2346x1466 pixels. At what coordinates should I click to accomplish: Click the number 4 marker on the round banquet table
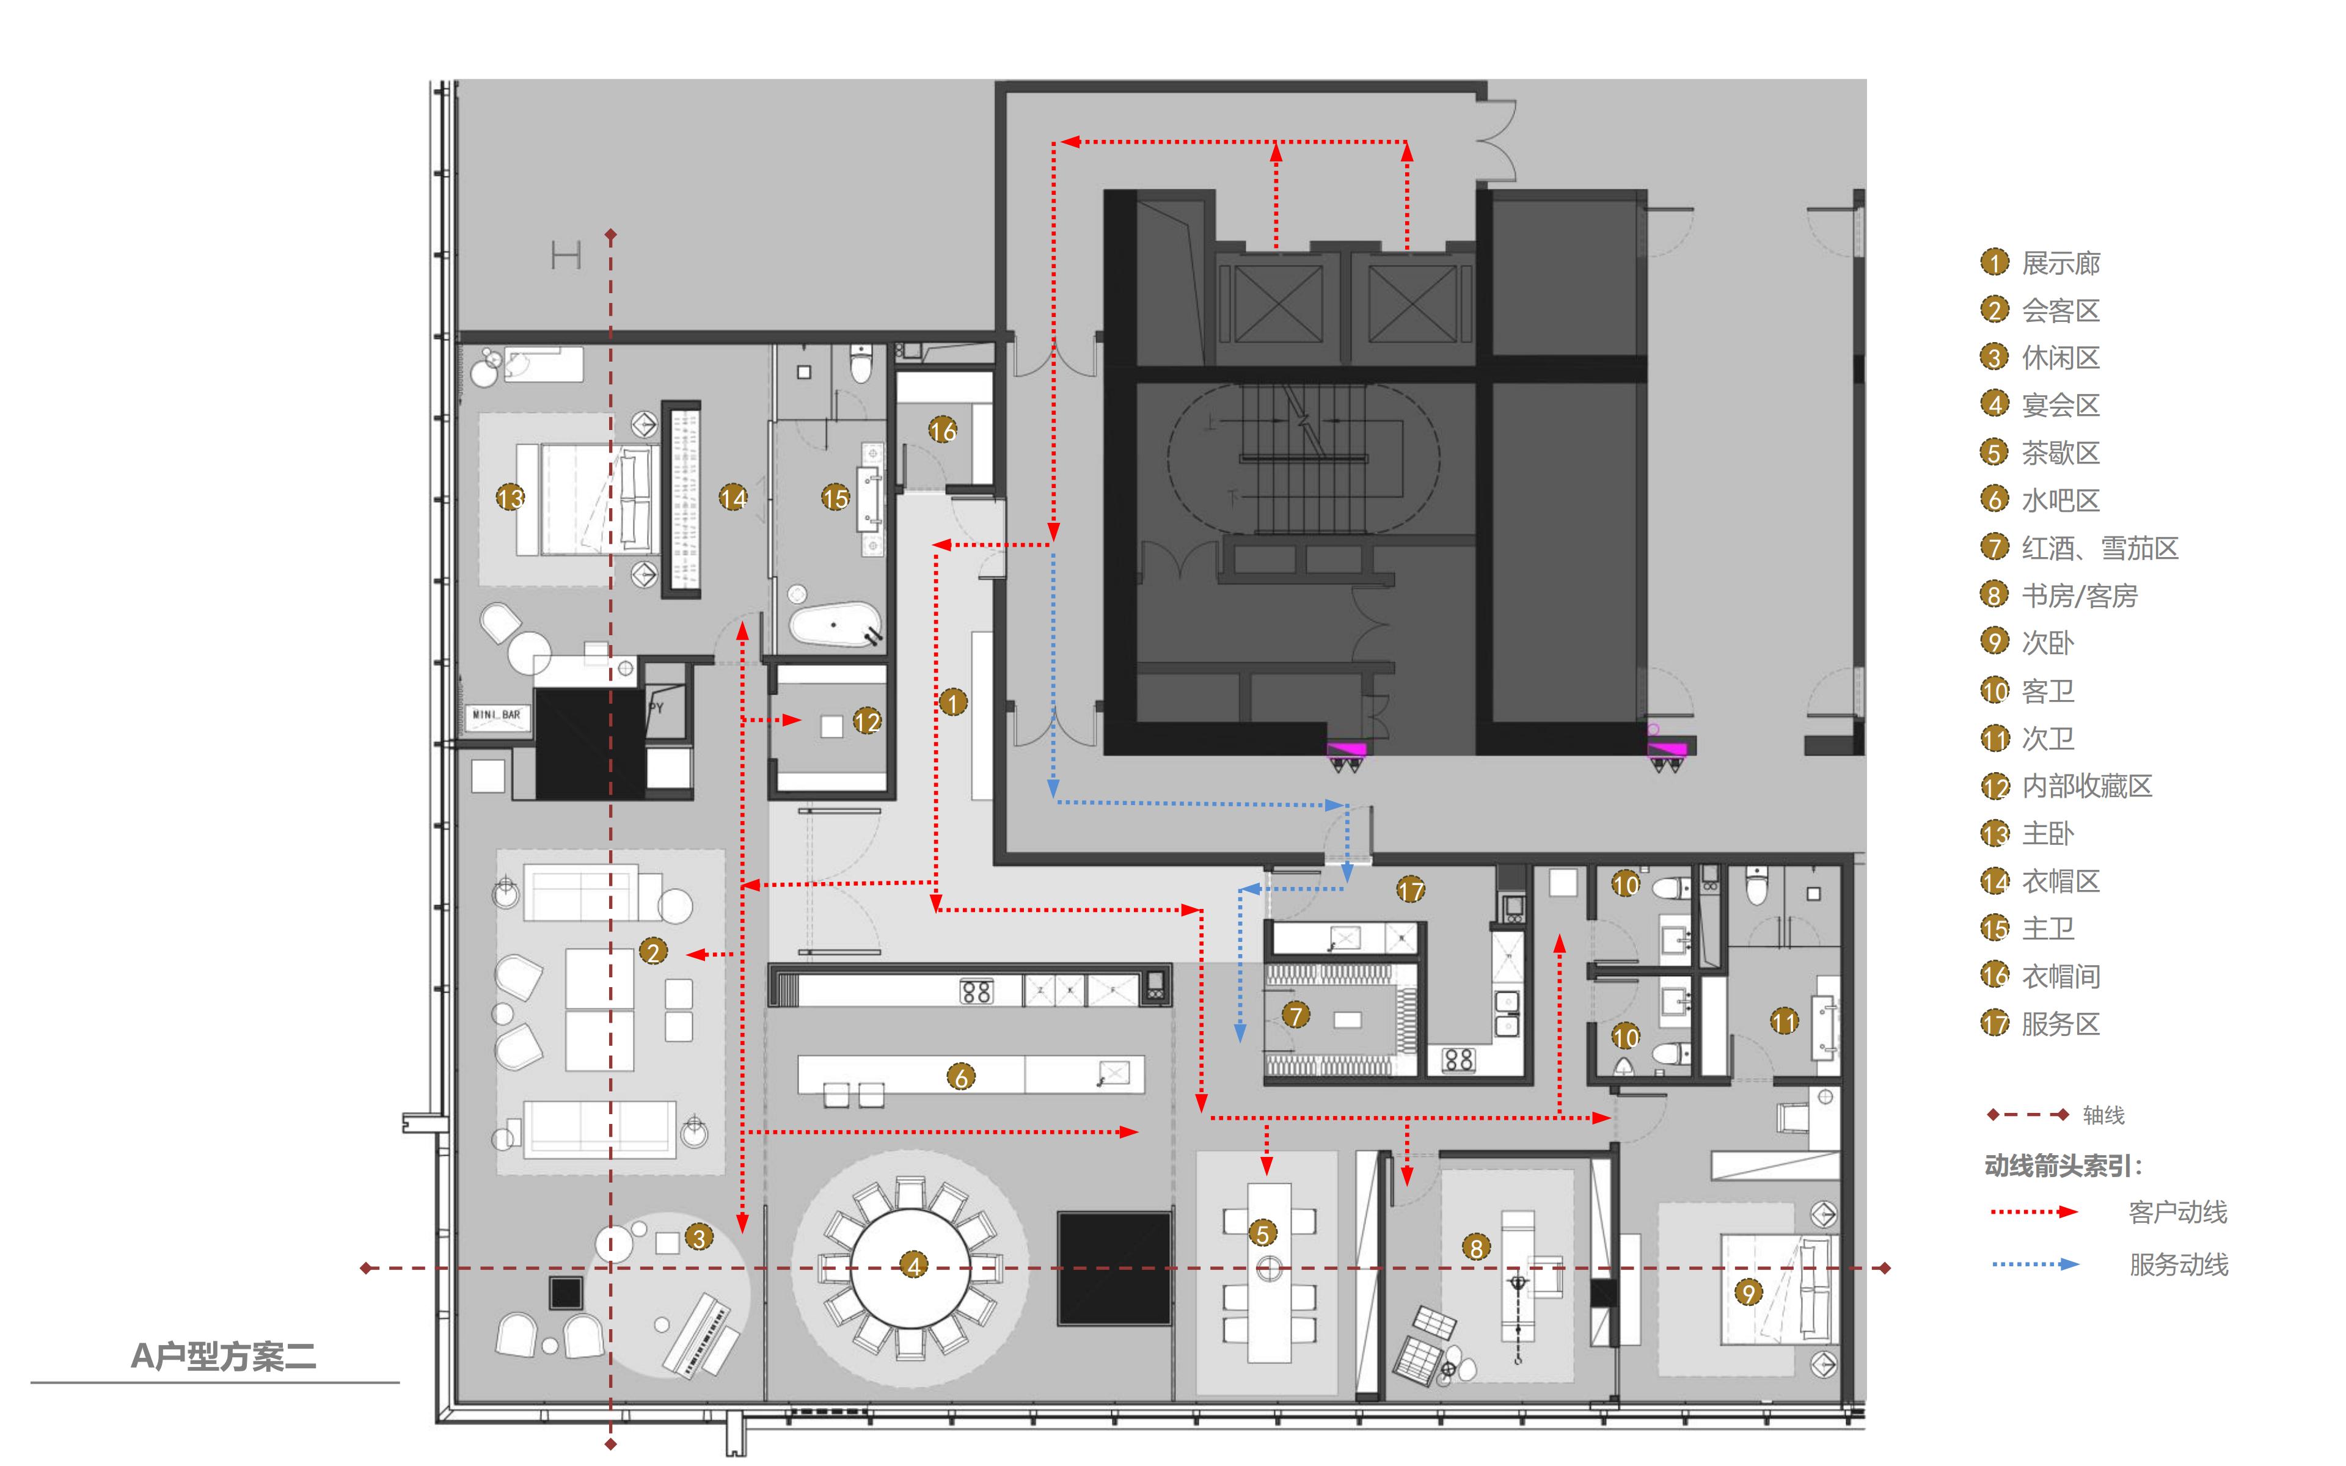913,1265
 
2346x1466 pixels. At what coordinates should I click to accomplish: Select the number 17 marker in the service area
1411,889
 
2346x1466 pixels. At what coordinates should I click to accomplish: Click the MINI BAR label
496,715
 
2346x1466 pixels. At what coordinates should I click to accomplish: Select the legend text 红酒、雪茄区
2100,548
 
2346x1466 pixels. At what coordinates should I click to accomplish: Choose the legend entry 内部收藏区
2087,786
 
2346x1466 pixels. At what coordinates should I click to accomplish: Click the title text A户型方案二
224,1355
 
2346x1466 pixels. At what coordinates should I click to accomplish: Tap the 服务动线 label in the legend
2178,1264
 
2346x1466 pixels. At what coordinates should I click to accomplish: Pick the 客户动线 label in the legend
2177,1212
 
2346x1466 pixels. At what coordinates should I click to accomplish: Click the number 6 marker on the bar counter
960,1076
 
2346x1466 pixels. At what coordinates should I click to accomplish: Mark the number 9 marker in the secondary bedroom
1748,1293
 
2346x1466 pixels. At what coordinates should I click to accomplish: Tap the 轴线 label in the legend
2103,1115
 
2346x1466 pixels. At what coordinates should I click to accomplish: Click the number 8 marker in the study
1475,1248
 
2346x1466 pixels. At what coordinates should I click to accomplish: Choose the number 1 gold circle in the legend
1994,263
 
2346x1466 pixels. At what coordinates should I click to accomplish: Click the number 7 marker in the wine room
1295,1015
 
